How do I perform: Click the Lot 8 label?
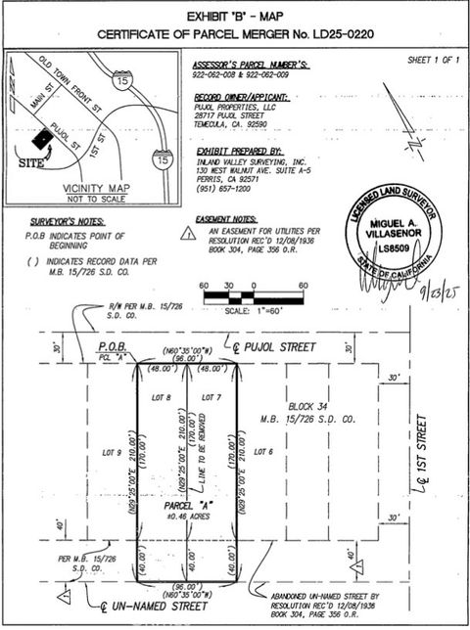pos(163,397)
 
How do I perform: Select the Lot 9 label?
pos(111,452)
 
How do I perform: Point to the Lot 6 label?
pos(262,452)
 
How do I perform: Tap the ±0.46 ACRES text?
pos(185,516)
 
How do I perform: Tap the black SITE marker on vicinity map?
pos(45,142)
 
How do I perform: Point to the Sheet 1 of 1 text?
pos(433,61)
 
